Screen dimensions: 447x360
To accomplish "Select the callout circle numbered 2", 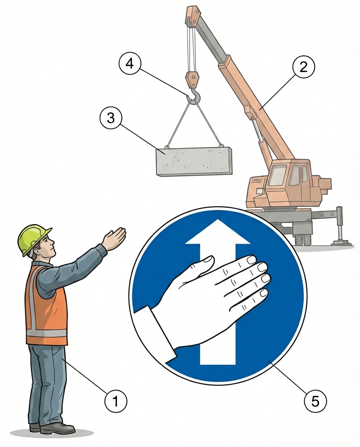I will [304, 67].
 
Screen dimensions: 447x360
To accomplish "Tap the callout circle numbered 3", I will [111, 118].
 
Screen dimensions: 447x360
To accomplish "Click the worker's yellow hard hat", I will [33, 237].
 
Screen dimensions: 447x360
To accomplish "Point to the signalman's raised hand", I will [115, 238].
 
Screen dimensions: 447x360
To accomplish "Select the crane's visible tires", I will [303, 239].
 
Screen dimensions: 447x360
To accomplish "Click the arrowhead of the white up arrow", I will [217, 233].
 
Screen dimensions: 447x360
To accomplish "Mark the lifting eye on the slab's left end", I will [167, 147].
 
